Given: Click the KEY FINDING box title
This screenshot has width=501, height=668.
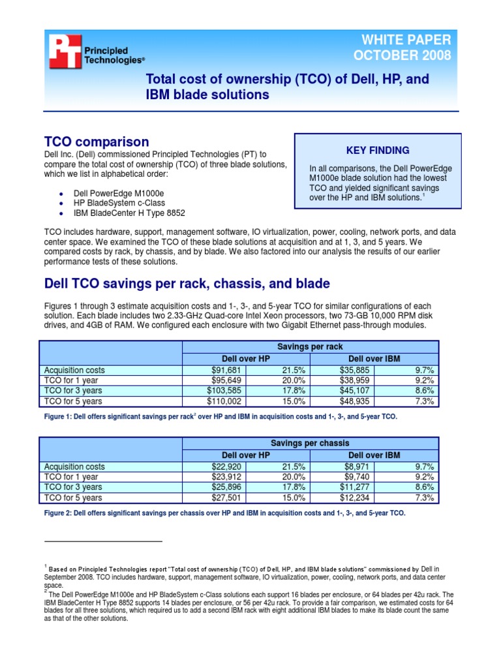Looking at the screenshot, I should click(378, 150).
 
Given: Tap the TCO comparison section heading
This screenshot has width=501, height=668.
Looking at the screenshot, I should click(96, 142).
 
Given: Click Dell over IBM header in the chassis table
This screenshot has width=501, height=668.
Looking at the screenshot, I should click(374, 455).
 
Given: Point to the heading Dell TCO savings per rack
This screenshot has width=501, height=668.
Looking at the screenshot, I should click(187, 283).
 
